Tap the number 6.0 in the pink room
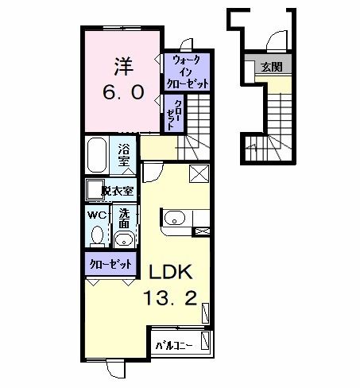tap(123, 91)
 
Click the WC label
tap(95, 214)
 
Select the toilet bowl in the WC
tap(97, 235)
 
